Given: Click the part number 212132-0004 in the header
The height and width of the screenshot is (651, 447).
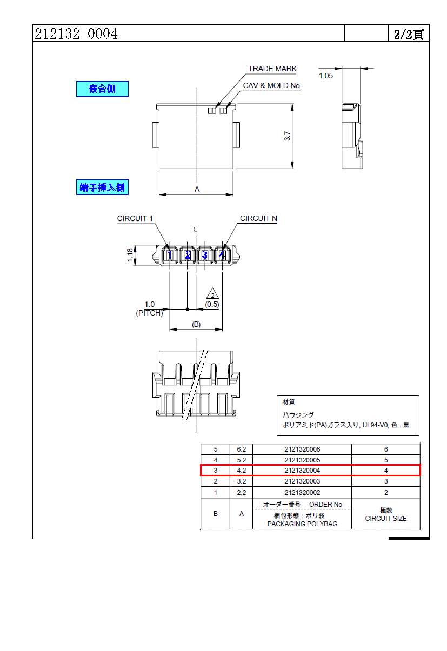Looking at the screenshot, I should [x=76, y=34].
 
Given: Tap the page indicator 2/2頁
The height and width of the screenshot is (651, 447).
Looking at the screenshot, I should [x=408, y=34].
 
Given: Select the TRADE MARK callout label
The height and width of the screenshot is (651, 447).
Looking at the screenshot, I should [x=272, y=69].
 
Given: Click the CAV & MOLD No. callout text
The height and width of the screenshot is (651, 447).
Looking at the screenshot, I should [x=272, y=85].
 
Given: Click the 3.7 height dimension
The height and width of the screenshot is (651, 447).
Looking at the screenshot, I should [x=288, y=137].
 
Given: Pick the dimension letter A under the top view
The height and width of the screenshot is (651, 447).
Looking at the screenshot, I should [x=197, y=189].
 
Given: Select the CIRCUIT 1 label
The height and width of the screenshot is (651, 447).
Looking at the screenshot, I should [x=135, y=218].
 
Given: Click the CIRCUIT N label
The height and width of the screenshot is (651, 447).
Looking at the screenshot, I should [x=258, y=218].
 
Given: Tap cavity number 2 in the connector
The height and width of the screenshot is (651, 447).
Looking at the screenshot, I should [x=188, y=255].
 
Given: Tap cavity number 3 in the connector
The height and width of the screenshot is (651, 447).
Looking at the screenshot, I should [x=204, y=255].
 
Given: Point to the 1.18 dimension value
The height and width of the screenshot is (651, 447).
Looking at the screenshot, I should [x=130, y=255].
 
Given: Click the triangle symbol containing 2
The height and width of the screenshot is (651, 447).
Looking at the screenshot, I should [x=212, y=294].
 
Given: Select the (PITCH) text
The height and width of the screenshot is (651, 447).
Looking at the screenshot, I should [x=149, y=313].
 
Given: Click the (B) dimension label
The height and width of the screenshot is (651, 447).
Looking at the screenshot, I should [x=196, y=324].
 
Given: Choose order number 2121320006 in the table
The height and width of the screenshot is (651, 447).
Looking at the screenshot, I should [x=302, y=449].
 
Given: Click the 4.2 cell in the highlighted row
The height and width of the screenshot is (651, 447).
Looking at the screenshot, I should [x=241, y=471].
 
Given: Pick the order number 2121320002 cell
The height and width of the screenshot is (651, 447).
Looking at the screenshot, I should [x=302, y=492].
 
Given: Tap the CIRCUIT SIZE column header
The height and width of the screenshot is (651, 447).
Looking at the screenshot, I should [x=386, y=518].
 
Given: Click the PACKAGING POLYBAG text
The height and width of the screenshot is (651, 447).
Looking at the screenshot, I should [x=302, y=524].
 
